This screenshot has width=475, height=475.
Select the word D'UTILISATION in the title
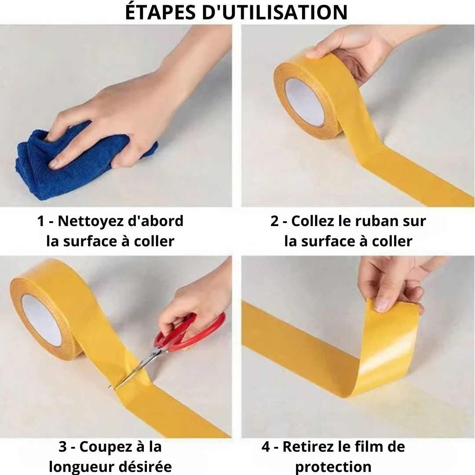274,12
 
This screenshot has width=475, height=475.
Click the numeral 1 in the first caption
40,221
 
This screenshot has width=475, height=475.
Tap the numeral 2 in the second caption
274,221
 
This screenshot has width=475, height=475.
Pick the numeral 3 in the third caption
63,446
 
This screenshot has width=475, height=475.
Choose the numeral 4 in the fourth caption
266,446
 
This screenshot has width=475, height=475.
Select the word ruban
376,221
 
